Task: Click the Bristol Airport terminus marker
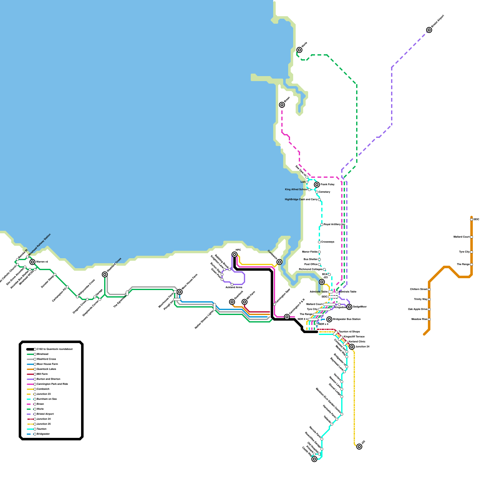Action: pos(429,30)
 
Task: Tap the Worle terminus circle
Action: pos(299,50)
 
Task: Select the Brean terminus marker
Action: pos(282,105)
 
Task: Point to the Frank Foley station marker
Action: pos(317,185)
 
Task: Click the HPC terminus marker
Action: pos(235,254)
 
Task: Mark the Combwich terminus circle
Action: pos(279,262)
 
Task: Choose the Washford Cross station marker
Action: pos(105,274)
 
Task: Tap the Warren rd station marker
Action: pos(32,262)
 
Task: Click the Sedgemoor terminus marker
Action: pos(349,307)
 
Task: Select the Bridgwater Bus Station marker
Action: pos(329,319)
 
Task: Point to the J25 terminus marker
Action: pos(359,447)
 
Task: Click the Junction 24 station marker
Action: pos(352,347)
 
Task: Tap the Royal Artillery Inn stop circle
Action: pos(322,225)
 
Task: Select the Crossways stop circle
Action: pos(319,242)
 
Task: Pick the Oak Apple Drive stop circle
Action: pos(429,309)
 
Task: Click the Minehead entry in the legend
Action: pos(42,354)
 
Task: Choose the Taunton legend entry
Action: pos(41,429)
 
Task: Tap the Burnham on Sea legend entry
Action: pos(46,399)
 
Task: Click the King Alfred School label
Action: pos(296,190)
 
